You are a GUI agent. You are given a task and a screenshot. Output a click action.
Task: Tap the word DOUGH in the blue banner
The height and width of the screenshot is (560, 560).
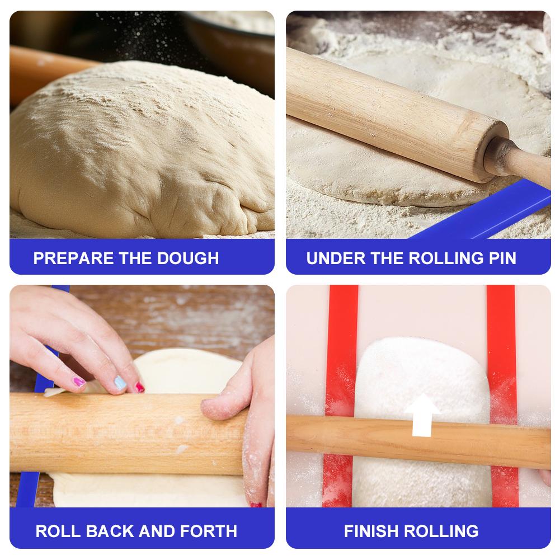(188, 258)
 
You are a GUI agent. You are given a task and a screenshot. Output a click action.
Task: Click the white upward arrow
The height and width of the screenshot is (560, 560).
(422, 415)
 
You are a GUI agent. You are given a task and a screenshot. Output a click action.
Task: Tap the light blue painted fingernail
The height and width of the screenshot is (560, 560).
(120, 383)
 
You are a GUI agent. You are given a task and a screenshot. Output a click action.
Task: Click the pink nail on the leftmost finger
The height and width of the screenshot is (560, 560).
(78, 382)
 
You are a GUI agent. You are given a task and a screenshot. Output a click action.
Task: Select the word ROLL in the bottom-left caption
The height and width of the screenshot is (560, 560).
(58, 531)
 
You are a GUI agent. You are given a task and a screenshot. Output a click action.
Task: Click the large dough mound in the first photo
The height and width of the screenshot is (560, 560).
(142, 150)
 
